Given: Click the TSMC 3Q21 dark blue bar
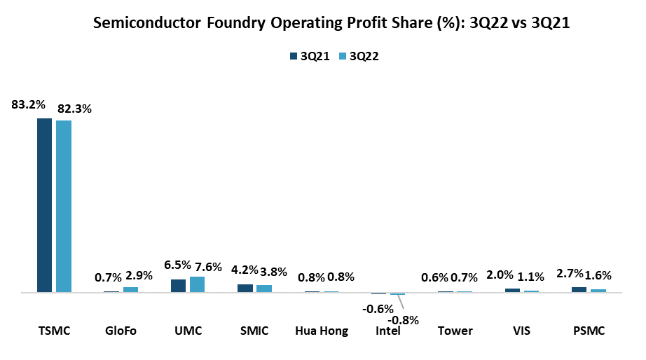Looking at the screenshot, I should tap(44, 205).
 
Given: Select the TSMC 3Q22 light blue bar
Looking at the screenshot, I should tap(64, 206).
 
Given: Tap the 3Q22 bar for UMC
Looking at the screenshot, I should tap(197, 284).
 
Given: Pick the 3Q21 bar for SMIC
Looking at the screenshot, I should tap(245, 288).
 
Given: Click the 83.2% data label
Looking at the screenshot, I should tap(28, 105).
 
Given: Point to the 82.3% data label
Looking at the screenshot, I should tap(75, 109).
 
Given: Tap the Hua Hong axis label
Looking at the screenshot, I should tap(322, 331).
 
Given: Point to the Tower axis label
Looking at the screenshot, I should tap(455, 331).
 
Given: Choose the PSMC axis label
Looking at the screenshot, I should tap(589, 331).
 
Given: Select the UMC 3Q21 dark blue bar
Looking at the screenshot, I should tap(178, 286).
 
